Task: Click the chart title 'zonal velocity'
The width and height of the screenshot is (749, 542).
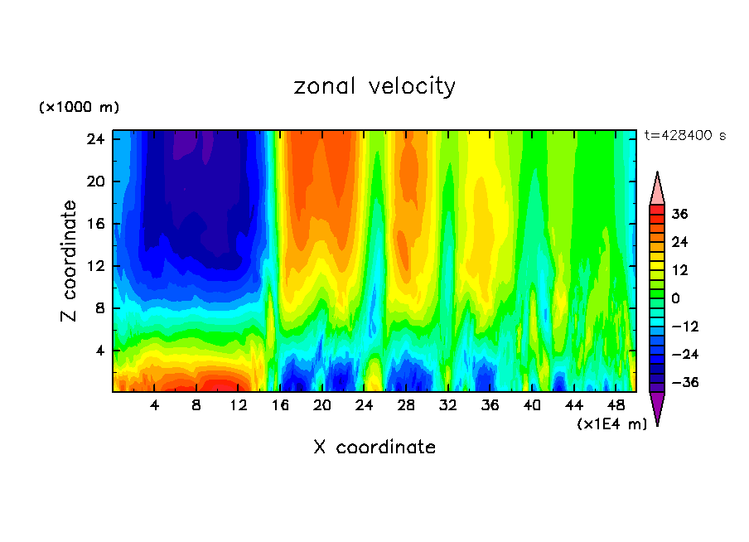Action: tap(374, 86)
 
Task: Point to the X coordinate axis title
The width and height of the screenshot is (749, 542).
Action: tap(374, 448)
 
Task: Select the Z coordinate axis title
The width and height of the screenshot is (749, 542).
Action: tap(70, 261)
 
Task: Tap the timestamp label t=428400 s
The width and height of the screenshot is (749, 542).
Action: tap(684, 136)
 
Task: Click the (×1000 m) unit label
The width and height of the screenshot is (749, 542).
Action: tap(79, 108)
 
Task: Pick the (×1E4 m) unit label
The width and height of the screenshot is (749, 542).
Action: tap(611, 423)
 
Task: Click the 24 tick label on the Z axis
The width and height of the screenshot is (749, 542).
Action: tap(96, 139)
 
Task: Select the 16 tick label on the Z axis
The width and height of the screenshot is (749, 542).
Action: tap(96, 224)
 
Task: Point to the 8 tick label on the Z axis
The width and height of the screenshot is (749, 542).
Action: tap(99, 308)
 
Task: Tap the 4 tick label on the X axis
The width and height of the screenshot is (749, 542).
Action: tap(154, 405)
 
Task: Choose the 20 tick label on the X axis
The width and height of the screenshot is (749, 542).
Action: tap(322, 405)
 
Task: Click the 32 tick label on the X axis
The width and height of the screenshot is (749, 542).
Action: tap(448, 405)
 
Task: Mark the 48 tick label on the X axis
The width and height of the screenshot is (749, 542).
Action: tap(616, 405)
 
